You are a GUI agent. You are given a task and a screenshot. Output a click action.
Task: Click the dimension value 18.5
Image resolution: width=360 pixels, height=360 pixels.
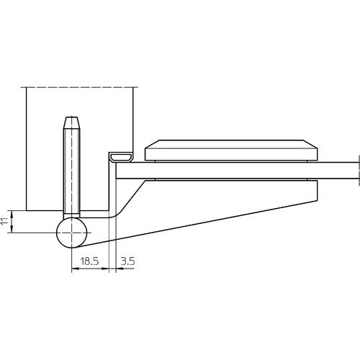(89, 261)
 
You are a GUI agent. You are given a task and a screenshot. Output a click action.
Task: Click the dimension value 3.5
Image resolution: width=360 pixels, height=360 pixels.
(127, 261)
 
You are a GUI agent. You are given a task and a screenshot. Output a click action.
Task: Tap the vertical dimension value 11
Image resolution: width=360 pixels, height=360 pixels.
(4, 221)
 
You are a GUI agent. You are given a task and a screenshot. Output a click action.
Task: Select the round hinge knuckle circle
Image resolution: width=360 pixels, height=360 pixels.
(71, 233)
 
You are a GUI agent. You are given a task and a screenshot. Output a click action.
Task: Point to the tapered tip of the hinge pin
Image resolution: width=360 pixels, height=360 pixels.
(71, 123)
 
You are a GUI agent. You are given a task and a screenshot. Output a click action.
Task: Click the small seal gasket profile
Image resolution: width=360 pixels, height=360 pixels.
(121, 158)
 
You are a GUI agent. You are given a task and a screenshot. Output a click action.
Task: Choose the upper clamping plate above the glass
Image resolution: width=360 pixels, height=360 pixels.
(231, 150)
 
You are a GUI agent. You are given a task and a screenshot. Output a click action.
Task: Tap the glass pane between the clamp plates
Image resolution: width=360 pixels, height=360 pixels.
(237, 171)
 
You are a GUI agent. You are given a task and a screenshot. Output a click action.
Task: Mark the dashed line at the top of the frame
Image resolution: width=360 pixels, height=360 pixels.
(79, 87)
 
